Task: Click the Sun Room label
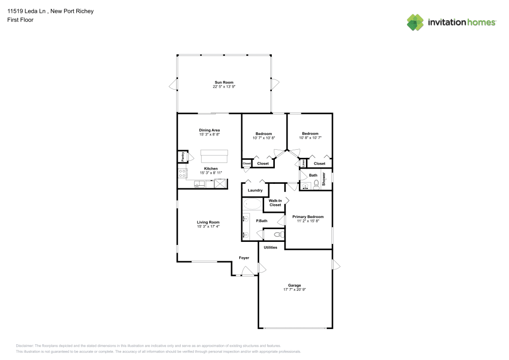pyautogui.click(x=224, y=82)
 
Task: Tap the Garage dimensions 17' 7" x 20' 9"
pyautogui.click(x=294, y=289)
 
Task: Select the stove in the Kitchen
pyautogui.click(x=181, y=173)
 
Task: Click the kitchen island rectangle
pyautogui.click(x=214, y=155)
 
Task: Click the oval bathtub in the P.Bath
pyautogui.click(x=252, y=205)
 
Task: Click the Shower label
pyautogui.click(x=324, y=179)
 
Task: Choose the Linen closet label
pyautogui.click(x=303, y=163)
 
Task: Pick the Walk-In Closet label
pyautogui.click(x=275, y=203)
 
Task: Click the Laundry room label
pyautogui.click(x=255, y=190)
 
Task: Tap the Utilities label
pyautogui.click(x=270, y=247)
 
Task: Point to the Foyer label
pyautogui.click(x=244, y=258)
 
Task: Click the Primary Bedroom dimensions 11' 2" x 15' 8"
pyautogui.click(x=308, y=221)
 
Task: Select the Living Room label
pyautogui.click(x=208, y=222)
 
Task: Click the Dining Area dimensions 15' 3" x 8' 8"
pyautogui.click(x=209, y=134)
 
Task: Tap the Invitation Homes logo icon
pyautogui.click(x=415, y=22)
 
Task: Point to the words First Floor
pyautogui.click(x=20, y=20)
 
